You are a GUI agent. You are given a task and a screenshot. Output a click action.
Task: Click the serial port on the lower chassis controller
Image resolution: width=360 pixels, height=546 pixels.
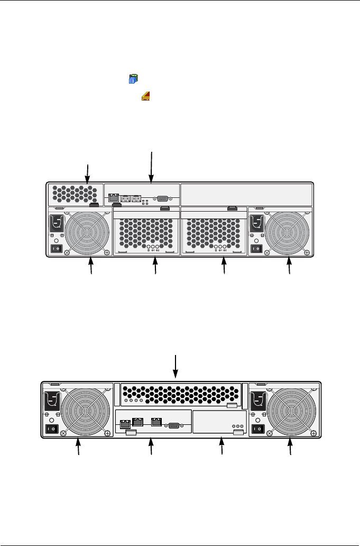click(173, 423)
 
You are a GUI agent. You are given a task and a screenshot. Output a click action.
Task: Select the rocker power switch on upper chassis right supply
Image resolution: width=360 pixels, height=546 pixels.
click(256, 248)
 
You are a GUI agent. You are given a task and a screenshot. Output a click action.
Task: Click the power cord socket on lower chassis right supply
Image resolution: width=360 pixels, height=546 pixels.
click(257, 402)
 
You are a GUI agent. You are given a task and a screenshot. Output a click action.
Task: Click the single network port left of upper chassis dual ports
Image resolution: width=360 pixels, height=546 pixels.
click(113, 198)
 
